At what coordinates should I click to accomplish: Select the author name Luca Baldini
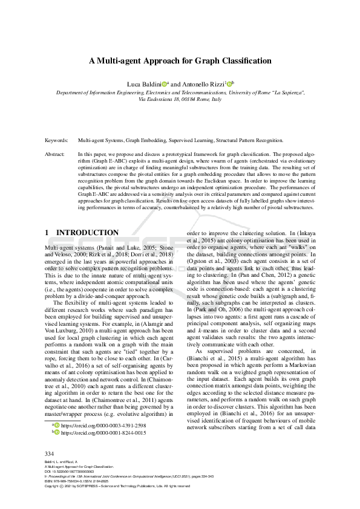142,83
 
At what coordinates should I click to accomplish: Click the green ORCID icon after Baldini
164,83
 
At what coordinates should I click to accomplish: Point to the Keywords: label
57,140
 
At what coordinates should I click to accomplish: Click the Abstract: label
55,154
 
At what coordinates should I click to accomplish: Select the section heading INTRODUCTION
87,233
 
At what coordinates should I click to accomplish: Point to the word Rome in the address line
206,100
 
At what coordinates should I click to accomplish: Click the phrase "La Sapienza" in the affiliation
287,93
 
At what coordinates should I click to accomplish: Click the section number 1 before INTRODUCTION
47,233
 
